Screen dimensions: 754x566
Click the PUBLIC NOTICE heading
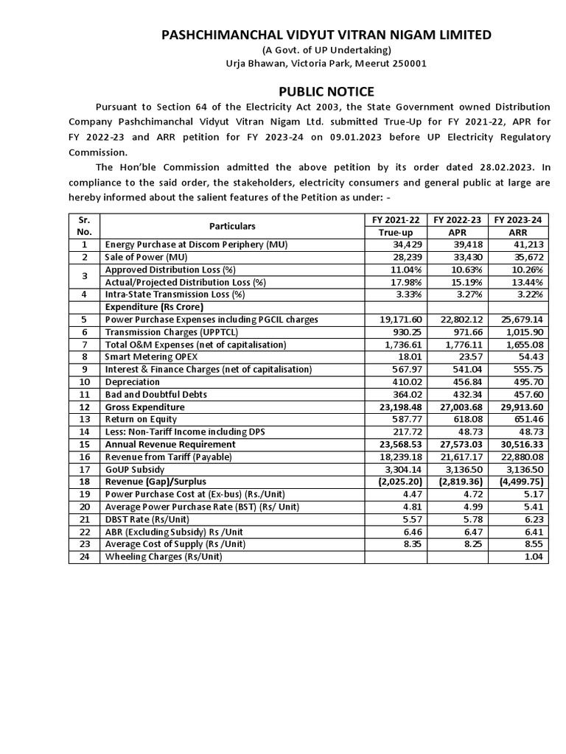[325, 91]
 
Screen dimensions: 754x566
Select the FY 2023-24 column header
[518, 219]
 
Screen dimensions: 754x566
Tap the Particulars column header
[232, 226]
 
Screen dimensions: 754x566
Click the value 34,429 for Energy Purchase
[405, 244]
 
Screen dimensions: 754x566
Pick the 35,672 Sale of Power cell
[526, 257]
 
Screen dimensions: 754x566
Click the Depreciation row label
[133, 382]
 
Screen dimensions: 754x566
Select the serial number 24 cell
[84, 557]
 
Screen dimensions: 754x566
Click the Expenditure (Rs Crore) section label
[154, 306]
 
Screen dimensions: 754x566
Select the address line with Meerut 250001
[325, 63]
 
